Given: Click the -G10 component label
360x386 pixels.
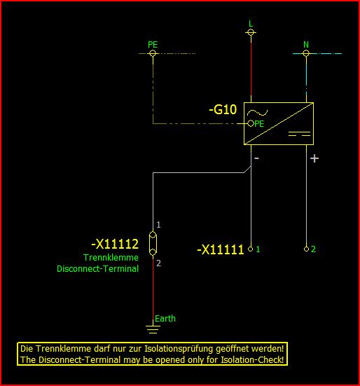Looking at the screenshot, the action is click(223, 109).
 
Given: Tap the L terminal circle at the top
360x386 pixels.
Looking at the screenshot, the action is click(251, 32).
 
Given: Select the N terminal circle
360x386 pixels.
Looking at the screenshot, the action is click(306, 53).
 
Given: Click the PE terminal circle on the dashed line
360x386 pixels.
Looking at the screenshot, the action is click(153, 53).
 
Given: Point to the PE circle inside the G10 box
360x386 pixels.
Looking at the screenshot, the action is click(251, 123).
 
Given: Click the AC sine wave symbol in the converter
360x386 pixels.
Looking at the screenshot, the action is click(257, 113).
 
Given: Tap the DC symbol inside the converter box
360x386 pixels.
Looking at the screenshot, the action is click(299, 134).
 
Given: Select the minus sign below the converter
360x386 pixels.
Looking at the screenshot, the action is click(256, 158).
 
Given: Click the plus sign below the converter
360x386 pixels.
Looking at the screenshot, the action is click(314, 158).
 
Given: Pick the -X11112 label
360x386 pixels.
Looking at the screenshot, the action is click(115, 244).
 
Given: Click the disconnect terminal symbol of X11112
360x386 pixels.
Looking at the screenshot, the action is click(153, 244).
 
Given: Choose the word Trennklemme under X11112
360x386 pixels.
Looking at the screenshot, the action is click(111, 258).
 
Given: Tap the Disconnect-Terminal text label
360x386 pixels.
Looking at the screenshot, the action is click(97, 268).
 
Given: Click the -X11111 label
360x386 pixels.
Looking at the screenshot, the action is click(221, 249).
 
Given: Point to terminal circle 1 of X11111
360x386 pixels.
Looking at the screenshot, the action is click(251, 249).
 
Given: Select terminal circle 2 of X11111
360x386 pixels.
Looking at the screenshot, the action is click(306, 249).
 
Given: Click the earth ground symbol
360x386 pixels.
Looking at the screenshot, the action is click(153, 329).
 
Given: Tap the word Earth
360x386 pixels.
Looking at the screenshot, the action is click(165, 319).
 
